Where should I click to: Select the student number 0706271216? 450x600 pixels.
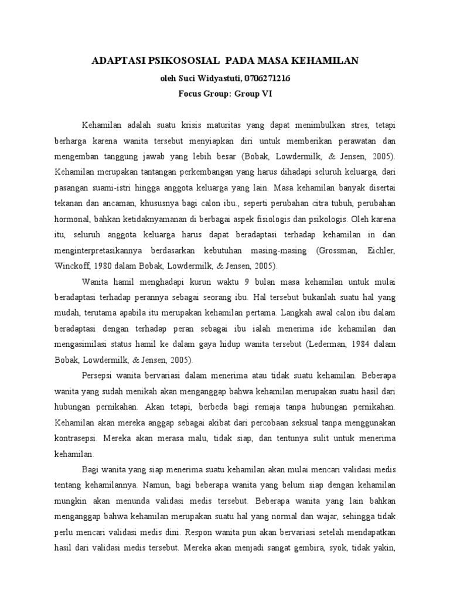(x=265, y=77)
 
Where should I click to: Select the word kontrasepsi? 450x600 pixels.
(x=77, y=438)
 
